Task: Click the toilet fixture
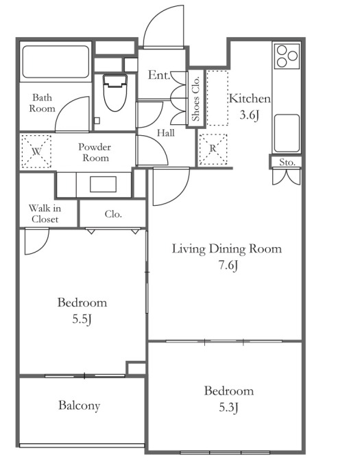click(115, 93)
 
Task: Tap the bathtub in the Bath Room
click(56, 62)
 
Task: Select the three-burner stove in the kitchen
click(287, 56)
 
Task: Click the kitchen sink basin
click(287, 133)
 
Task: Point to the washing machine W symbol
click(36, 152)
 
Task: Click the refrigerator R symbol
click(213, 149)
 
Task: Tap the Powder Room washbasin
click(103, 184)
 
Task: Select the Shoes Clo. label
click(195, 99)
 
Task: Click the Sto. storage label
click(287, 163)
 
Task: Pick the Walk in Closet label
click(45, 213)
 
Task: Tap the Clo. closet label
click(113, 213)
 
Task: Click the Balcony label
click(79, 406)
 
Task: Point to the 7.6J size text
click(228, 265)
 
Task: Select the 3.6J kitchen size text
click(249, 115)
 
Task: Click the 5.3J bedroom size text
click(228, 407)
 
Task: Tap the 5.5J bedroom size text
click(82, 319)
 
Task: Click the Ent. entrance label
click(159, 75)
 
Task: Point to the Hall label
click(166, 133)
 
